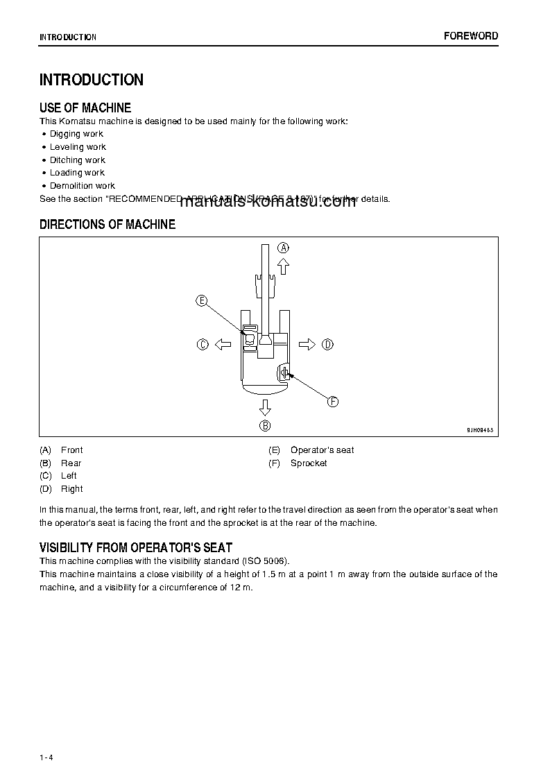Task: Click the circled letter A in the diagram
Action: (x=283, y=247)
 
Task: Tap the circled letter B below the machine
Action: (x=265, y=426)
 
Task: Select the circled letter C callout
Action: (x=203, y=344)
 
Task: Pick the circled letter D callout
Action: (x=328, y=344)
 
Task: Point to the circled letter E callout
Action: (x=201, y=300)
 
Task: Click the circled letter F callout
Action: (x=332, y=402)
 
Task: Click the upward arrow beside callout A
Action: (x=283, y=266)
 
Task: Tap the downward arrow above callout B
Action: (x=265, y=406)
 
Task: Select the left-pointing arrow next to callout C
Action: (x=223, y=344)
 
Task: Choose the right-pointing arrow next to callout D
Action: (x=307, y=344)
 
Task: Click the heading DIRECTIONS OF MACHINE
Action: (x=108, y=225)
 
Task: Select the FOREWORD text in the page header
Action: (x=471, y=36)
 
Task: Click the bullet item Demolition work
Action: (x=82, y=186)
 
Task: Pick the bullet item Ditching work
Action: (x=77, y=160)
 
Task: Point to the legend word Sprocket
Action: (x=309, y=463)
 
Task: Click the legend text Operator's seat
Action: (x=322, y=450)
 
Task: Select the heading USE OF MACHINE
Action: (x=85, y=108)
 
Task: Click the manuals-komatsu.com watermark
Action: (x=268, y=202)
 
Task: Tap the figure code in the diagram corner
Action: (x=480, y=430)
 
